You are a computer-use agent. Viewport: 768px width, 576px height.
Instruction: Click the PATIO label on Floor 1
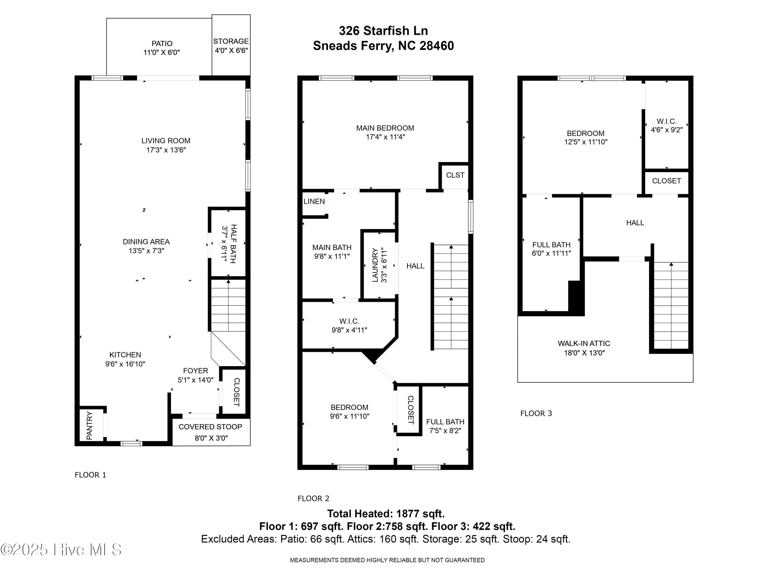click(x=162, y=44)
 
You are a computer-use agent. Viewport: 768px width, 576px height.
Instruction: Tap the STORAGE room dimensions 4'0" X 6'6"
click(x=231, y=50)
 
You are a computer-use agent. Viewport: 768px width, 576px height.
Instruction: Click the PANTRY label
click(x=90, y=425)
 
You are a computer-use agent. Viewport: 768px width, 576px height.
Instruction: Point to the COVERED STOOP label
click(x=210, y=427)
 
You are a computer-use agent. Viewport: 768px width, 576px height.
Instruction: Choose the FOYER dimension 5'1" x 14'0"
click(x=196, y=380)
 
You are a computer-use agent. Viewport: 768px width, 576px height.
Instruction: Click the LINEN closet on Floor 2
click(x=314, y=201)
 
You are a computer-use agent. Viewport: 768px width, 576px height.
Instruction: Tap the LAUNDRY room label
click(x=375, y=265)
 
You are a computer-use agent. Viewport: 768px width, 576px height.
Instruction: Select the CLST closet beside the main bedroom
click(x=455, y=175)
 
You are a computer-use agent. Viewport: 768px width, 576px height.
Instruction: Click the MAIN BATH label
click(x=332, y=248)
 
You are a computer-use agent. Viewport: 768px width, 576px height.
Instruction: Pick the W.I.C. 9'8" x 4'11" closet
click(x=349, y=325)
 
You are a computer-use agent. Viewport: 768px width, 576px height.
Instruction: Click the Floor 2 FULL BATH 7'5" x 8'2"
click(x=445, y=426)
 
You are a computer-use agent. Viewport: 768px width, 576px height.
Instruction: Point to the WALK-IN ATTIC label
click(x=584, y=343)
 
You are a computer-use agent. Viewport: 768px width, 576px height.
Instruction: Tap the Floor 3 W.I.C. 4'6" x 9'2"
click(x=666, y=125)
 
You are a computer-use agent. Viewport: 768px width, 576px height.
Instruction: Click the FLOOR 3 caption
click(x=536, y=413)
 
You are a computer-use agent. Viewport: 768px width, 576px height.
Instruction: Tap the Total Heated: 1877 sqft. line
click(x=386, y=514)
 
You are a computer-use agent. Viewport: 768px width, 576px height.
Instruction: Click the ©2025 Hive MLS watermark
click(x=61, y=550)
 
